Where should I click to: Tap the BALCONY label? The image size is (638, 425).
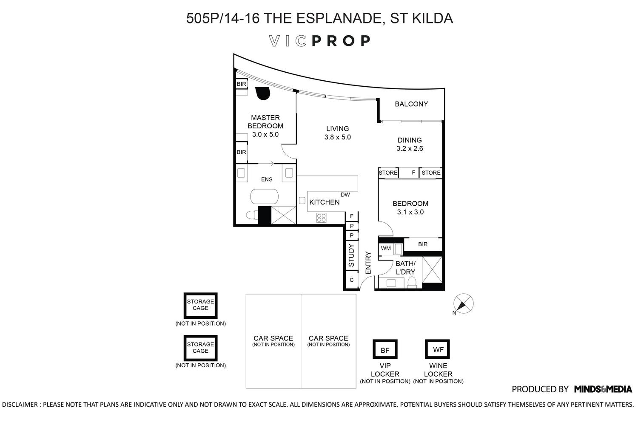point(411,104)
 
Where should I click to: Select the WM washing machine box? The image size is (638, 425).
point(386,248)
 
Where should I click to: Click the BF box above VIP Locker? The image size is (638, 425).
point(385,350)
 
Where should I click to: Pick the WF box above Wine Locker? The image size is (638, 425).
point(438,349)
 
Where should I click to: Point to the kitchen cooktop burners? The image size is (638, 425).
point(321,218)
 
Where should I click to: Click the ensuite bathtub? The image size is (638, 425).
point(264,197)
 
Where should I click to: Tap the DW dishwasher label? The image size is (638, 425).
point(345,195)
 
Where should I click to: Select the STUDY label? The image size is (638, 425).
point(351,255)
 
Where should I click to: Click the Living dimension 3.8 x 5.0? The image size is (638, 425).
point(337,137)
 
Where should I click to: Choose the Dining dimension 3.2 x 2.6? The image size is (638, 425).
point(410,149)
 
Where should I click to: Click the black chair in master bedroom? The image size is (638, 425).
point(262,93)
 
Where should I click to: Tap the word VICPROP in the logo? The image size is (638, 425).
point(320,41)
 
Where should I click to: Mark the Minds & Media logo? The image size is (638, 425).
point(603,389)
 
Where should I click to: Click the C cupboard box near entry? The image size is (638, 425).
point(351,280)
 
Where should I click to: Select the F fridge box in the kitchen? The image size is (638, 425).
point(352,216)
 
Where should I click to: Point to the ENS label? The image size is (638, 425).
point(267,179)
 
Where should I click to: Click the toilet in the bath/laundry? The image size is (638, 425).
point(411,282)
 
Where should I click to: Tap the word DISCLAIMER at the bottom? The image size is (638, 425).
point(20,404)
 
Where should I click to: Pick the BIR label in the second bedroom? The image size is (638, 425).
point(423,244)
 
